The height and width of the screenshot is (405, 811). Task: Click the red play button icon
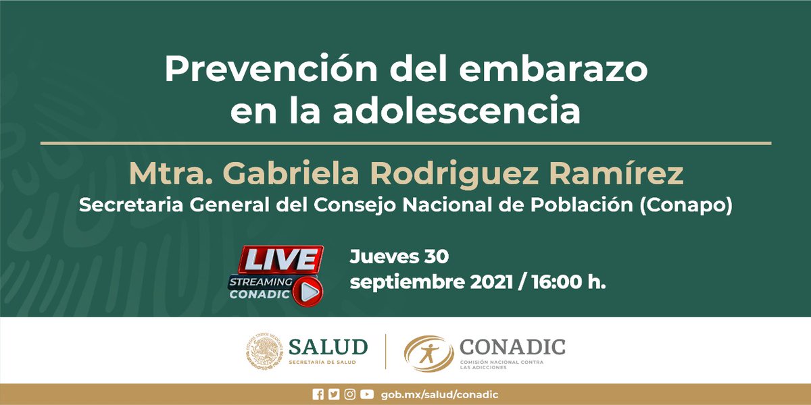(310, 291)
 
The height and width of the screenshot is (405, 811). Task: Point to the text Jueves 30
(399, 256)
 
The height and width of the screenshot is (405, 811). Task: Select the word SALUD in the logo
(328, 347)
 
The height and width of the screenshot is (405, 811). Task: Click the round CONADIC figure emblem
(428, 353)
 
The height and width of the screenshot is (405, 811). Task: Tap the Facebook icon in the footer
(318, 395)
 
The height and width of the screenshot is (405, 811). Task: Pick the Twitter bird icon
(333, 395)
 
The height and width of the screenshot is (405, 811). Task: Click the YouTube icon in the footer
(366, 395)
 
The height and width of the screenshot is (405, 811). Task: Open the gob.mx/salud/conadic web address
(439, 395)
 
